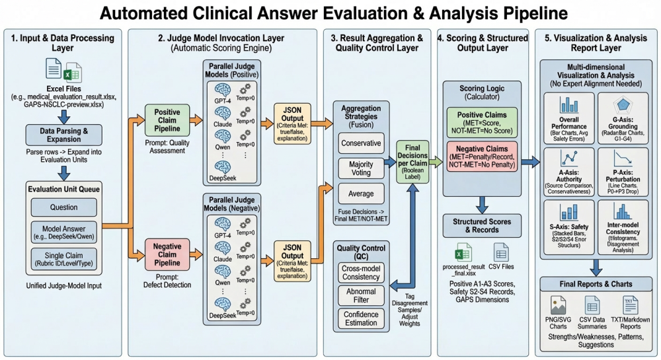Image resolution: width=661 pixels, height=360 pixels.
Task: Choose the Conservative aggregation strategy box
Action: coord(360,142)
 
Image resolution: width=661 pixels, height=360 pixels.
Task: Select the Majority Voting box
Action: coord(360,169)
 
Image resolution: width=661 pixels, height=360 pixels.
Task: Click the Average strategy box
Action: coord(360,194)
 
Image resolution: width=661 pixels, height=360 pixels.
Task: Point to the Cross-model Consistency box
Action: coord(360,273)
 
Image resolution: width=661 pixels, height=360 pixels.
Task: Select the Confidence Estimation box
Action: coord(360,319)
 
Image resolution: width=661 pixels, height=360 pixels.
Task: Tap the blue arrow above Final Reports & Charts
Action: coord(596,266)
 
